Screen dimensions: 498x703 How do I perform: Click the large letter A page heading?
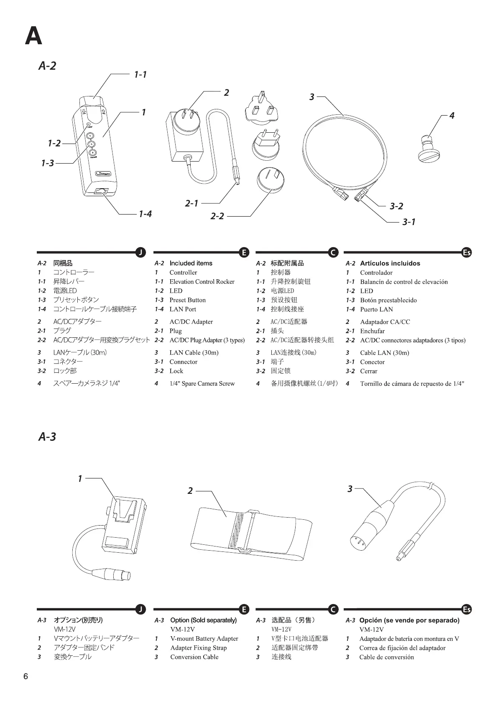[x=33, y=36]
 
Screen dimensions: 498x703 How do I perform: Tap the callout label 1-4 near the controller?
[x=145, y=214]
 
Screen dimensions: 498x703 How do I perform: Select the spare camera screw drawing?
[x=429, y=149]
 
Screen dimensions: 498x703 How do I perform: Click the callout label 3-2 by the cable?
[x=396, y=206]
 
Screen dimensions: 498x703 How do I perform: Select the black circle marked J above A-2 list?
[x=140, y=252]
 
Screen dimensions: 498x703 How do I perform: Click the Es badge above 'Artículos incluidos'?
[x=467, y=252]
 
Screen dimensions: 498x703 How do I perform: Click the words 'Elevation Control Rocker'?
[x=202, y=281]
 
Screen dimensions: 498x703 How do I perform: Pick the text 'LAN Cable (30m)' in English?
[x=194, y=352]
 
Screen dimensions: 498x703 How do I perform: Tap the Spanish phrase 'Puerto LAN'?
[x=376, y=309]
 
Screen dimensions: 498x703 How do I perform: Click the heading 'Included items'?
[x=191, y=263]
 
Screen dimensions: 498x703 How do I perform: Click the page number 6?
[x=26, y=676]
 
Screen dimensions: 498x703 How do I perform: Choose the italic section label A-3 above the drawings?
[x=47, y=437]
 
